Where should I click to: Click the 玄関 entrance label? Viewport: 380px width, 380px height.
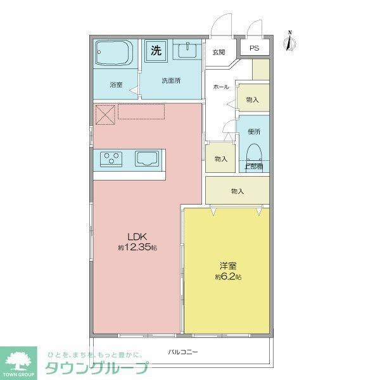click(219, 52)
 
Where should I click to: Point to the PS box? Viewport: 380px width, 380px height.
click(254, 48)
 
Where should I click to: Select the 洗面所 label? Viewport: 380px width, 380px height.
click(170, 80)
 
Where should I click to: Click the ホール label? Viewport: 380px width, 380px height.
click(220, 87)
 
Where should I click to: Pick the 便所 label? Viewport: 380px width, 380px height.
click(255, 132)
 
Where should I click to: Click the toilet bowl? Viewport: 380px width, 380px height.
click(255, 154)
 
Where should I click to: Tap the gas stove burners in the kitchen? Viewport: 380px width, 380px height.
click(112, 159)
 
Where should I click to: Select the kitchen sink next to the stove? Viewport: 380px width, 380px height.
click(147, 159)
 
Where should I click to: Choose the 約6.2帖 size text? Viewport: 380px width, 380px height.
click(227, 277)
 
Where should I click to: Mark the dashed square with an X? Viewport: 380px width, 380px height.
click(104, 115)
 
